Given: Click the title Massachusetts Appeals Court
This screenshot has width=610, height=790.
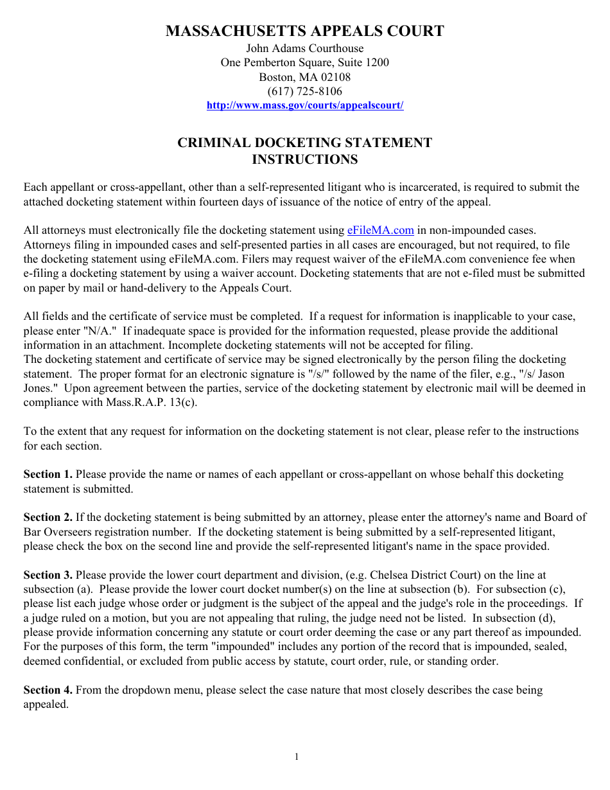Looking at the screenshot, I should (304, 31).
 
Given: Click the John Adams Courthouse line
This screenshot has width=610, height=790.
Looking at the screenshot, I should (304, 48).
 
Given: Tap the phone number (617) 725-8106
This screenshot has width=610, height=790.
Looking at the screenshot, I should (304, 91).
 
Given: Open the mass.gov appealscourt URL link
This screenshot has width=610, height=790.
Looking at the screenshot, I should (304, 105).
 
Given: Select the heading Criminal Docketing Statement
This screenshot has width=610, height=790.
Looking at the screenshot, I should (304, 143).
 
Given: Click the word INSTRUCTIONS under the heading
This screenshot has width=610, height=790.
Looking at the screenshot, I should (304, 159).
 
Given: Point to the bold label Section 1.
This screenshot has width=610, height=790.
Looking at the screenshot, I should (48, 475).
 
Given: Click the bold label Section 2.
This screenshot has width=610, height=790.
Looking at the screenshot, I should (48, 518).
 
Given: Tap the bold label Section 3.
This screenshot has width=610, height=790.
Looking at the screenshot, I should (48, 575).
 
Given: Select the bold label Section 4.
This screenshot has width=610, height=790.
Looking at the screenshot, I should (48, 690).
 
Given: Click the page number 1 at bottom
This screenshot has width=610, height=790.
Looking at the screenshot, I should (297, 757).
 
